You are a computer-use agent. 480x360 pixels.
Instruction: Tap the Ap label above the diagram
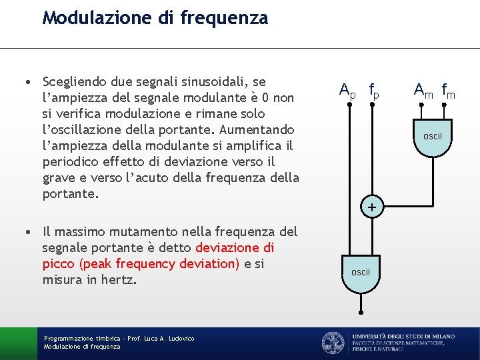click(347, 89)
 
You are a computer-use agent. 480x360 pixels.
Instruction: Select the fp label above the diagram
click(374, 89)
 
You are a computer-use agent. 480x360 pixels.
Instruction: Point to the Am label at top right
click(423, 89)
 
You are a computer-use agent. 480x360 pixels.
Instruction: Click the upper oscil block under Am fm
click(433, 137)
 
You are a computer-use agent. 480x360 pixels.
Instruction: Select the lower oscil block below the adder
click(360, 272)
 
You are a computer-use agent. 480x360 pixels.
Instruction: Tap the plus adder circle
click(373, 208)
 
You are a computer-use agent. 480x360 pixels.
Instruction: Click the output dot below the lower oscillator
click(360, 312)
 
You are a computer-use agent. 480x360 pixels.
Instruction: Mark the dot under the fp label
click(373, 104)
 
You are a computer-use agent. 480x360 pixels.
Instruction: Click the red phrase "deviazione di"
click(235, 248)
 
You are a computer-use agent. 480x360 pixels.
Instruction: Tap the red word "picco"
click(59, 264)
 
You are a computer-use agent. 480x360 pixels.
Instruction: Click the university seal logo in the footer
click(333, 343)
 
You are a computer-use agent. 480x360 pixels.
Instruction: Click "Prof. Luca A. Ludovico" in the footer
click(157, 339)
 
